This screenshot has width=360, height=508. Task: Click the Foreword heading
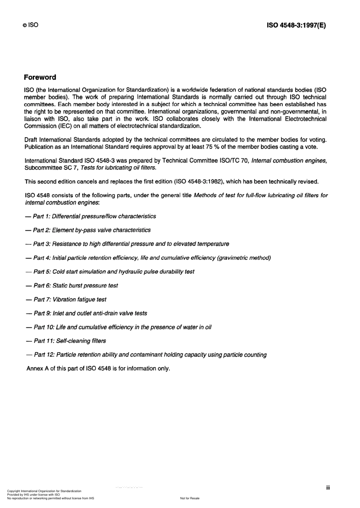click(40, 77)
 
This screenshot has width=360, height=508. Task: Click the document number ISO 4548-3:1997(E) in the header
click(296, 26)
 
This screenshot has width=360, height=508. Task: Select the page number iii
click(328, 488)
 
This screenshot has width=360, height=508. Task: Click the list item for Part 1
click(91, 216)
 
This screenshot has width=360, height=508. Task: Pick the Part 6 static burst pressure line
click(72, 286)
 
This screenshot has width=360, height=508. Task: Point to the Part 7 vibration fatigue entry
click(66, 299)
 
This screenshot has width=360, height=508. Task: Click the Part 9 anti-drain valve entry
click(86, 313)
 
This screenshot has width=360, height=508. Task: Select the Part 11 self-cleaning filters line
click(66, 341)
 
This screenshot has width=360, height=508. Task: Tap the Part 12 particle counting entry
click(146, 355)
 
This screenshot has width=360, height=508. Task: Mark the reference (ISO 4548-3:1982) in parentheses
click(198, 181)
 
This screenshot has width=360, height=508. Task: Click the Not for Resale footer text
click(190, 498)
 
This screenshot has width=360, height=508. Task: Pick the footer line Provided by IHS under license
click(33, 495)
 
